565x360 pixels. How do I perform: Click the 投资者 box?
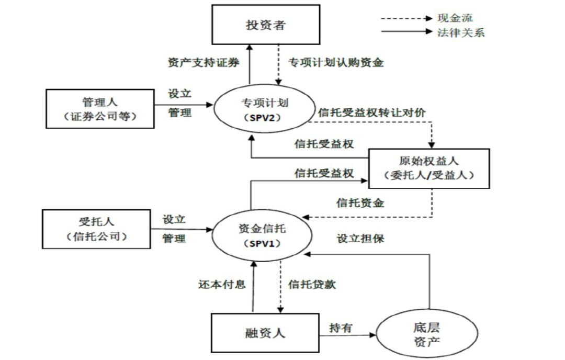coord(266,24)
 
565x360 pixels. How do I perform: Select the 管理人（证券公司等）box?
coord(100,108)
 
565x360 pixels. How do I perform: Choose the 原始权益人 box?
coord(429,168)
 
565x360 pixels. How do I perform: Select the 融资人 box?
coord(265,333)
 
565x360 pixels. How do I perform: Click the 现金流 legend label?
coord(455,18)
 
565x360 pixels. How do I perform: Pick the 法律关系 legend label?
coord(461,32)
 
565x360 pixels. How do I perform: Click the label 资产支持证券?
coord(203,63)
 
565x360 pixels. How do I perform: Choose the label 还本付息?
coord(222,285)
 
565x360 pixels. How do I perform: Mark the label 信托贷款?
coord(312,285)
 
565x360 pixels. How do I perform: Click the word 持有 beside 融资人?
coord(341,328)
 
